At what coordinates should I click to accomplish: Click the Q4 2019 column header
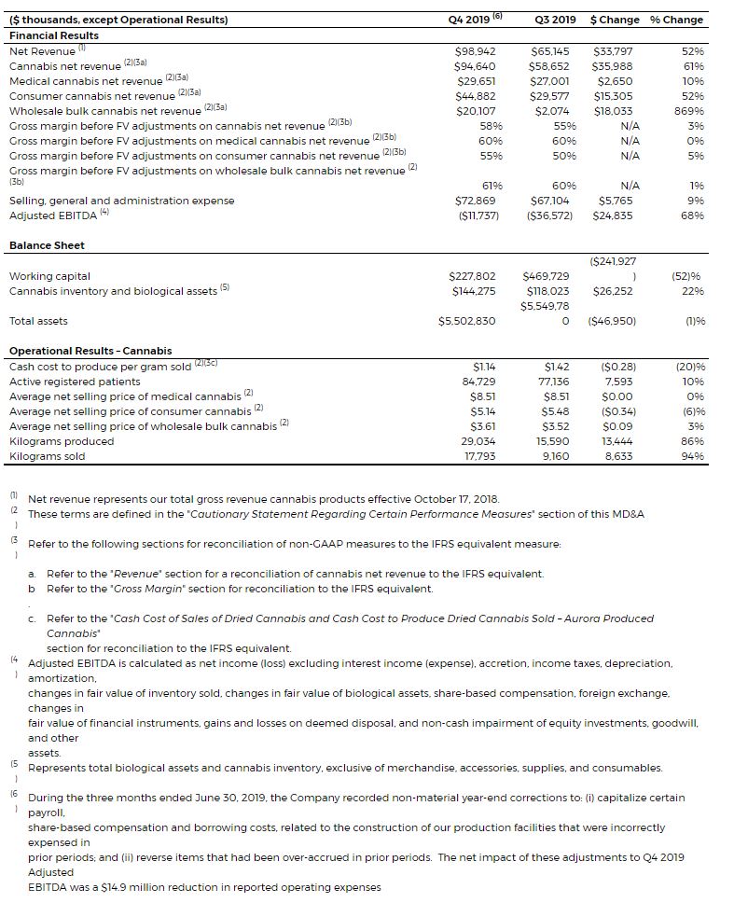point(474,20)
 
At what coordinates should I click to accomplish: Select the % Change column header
point(676,20)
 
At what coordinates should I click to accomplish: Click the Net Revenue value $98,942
point(475,51)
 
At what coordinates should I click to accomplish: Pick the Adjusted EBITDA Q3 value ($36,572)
point(550,215)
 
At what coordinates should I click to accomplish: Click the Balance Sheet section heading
point(47,245)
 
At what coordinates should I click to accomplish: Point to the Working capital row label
point(50,276)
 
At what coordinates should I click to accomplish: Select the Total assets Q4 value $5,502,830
point(467,321)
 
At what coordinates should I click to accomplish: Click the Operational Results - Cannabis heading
point(90,351)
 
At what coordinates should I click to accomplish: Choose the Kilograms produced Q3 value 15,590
point(558,441)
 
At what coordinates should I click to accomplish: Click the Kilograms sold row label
point(48,456)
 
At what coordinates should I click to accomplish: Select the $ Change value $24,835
point(613,215)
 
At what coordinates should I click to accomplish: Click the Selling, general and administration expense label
point(122,201)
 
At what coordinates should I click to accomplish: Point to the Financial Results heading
point(54,35)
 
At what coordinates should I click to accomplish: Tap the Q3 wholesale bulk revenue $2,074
point(557,111)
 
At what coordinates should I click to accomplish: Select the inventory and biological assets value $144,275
point(475,291)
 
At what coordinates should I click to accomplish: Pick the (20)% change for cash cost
point(688,367)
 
